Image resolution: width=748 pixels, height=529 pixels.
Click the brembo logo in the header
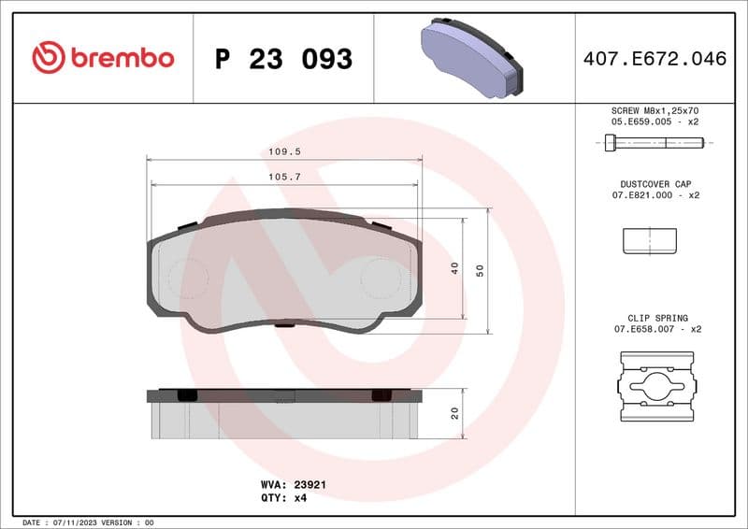coord(103,58)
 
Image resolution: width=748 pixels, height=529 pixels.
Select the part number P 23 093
coord(283,59)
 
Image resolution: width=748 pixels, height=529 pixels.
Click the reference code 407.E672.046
coord(654,59)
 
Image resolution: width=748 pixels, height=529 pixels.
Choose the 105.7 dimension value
coord(284,176)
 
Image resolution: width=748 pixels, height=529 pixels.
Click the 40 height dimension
coord(455,267)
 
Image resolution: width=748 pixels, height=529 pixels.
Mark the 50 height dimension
coord(481,270)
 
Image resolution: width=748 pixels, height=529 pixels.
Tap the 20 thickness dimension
coord(455,413)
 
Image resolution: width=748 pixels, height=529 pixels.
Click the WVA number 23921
coord(310,485)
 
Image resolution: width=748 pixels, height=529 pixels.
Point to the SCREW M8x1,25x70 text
coord(654,110)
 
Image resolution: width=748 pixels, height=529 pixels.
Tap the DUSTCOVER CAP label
coord(654,184)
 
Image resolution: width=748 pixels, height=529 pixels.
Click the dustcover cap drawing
coord(651,241)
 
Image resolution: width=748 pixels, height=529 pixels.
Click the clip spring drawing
coord(657,386)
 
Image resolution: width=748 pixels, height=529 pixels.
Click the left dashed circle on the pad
coord(187,278)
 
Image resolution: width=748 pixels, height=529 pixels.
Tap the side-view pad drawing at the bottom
coord(284,414)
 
